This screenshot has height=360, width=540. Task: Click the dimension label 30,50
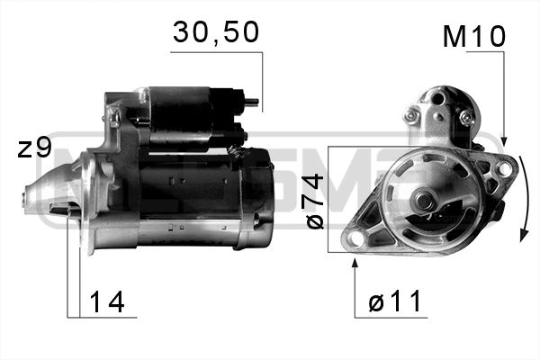[215, 32]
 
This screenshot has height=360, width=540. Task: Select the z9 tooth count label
[35, 148]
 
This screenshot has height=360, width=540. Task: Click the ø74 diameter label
[316, 201]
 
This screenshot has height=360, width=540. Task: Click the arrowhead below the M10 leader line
[505, 139]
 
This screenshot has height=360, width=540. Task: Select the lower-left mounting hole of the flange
[355, 238]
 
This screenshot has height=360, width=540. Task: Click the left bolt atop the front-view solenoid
[411, 115]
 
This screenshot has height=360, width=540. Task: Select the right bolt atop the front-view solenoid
[465, 117]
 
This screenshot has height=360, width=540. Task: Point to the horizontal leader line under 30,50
[216, 52]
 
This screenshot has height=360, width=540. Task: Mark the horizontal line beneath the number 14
[101, 317]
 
